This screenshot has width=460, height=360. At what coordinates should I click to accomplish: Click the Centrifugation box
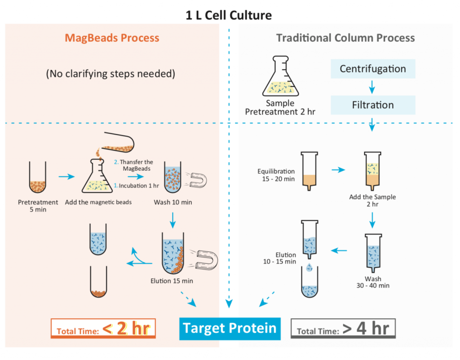372,69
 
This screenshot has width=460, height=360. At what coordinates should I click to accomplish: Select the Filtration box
372,105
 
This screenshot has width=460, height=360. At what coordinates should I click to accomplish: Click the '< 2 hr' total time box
103,329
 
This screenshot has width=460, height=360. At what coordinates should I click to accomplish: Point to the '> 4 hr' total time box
343,329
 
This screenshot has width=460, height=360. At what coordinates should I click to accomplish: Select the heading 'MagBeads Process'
112,38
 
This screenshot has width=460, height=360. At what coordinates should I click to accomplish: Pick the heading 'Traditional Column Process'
345,38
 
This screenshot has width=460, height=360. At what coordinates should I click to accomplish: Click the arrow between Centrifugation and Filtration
372,87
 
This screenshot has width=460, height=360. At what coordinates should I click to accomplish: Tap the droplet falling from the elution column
310,268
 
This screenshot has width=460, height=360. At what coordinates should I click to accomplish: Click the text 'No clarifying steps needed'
110,74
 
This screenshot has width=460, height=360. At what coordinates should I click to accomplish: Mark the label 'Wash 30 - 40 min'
372,282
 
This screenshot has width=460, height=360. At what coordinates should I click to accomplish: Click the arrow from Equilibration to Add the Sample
338,170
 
